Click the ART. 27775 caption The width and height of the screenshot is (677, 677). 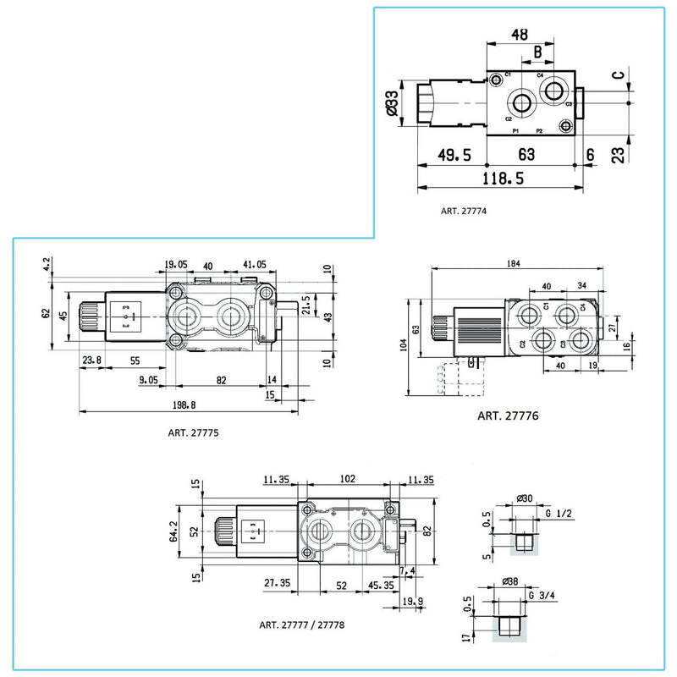[x=193, y=432]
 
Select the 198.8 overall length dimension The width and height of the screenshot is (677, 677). [x=190, y=405]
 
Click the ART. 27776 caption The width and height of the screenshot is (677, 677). [x=508, y=416]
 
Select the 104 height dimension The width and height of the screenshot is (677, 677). [x=404, y=344]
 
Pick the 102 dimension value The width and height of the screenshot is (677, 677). [x=346, y=478]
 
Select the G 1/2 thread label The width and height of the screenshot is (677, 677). [x=560, y=515]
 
